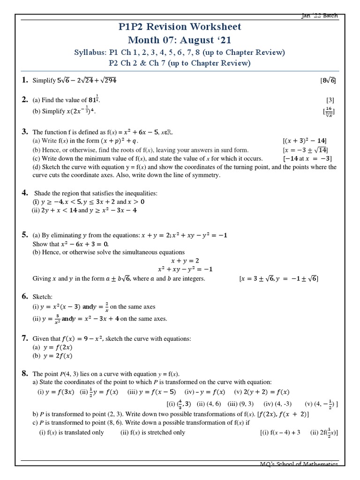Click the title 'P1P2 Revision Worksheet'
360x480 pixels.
[x=180, y=27]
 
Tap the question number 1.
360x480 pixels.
[x=25, y=80]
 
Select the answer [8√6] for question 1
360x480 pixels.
[x=328, y=81]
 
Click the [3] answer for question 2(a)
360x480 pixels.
[x=330, y=100]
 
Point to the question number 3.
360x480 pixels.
[x=25, y=132]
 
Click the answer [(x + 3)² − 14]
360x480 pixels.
[x=305, y=141]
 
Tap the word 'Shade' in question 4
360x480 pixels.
[x=44, y=193]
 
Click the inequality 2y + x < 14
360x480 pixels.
[x=59, y=210]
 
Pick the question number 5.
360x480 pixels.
[x=25, y=234]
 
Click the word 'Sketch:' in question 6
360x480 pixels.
[x=42, y=297]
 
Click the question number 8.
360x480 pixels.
[x=25, y=374]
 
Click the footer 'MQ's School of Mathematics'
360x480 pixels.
[x=299, y=464]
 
